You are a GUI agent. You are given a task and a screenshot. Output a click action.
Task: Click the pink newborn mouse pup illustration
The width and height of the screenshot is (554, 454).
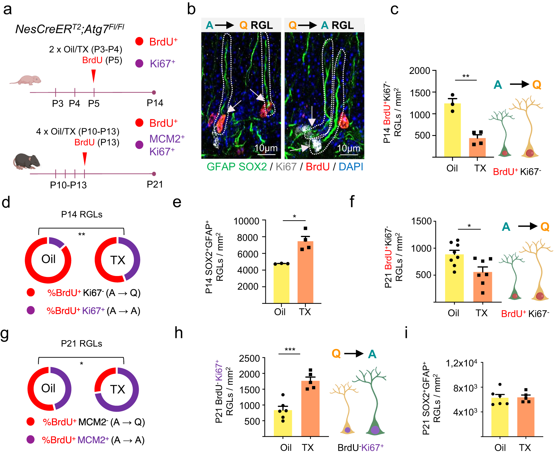(x=26, y=80)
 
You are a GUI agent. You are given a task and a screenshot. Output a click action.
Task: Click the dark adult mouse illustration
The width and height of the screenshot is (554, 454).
(x=27, y=161)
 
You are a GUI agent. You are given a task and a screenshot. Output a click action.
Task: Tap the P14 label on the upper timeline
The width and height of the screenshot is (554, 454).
(x=155, y=103)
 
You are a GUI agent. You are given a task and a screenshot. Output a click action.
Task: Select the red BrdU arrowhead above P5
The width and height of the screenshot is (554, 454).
(x=93, y=76)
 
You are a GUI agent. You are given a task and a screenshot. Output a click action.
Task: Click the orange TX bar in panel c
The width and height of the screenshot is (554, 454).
(x=477, y=147)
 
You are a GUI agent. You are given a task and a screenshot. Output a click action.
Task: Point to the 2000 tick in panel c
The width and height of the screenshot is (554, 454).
(x=419, y=71)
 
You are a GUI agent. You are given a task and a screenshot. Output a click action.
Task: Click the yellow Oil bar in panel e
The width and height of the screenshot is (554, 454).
(x=281, y=283)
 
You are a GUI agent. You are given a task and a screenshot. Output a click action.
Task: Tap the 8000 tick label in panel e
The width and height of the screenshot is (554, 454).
(x=247, y=237)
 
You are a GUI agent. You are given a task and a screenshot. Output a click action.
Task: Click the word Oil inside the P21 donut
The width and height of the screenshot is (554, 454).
(x=48, y=388)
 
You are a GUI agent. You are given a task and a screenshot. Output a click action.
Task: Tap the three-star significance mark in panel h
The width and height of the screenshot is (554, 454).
(x=290, y=350)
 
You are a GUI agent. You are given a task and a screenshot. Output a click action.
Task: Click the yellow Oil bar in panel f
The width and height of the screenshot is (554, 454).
(x=454, y=278)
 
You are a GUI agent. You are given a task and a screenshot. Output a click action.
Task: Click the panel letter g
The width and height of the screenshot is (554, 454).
(x=5, y=334)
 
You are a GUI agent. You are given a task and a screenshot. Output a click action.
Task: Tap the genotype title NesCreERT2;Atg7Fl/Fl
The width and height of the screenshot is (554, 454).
(x=70, y=29)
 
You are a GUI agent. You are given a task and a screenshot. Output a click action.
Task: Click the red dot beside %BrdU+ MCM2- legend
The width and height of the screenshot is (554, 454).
(x=31, y=421)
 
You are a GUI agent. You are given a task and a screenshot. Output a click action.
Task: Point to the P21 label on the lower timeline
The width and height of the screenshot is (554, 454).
(x=155, y=184)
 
